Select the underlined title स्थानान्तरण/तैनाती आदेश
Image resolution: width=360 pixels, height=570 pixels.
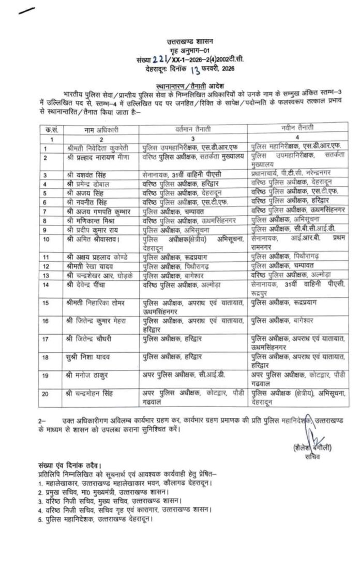click(185, 81)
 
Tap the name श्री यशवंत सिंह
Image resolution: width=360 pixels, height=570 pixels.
click(85, 174)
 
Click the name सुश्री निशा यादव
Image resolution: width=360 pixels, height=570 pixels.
click(87, 356)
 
